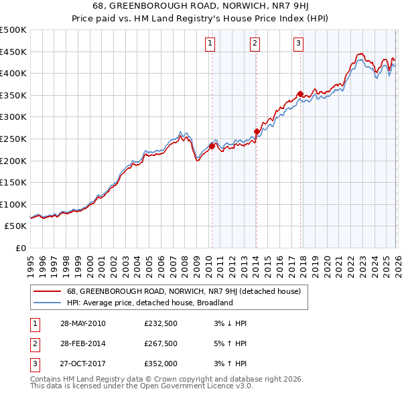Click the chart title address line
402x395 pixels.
pyautogui.click(x=200, y=7)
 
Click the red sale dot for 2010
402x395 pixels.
pyautogui.click(x=212, y=146)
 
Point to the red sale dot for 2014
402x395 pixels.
pyautogui.click(x=257, y=131)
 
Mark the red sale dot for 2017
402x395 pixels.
pyautogui.click(x=300, y=94)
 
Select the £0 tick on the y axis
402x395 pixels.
pyautogui.click(x=20, y=248)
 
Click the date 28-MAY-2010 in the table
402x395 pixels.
pyautogui.click(x=82, y=323)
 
